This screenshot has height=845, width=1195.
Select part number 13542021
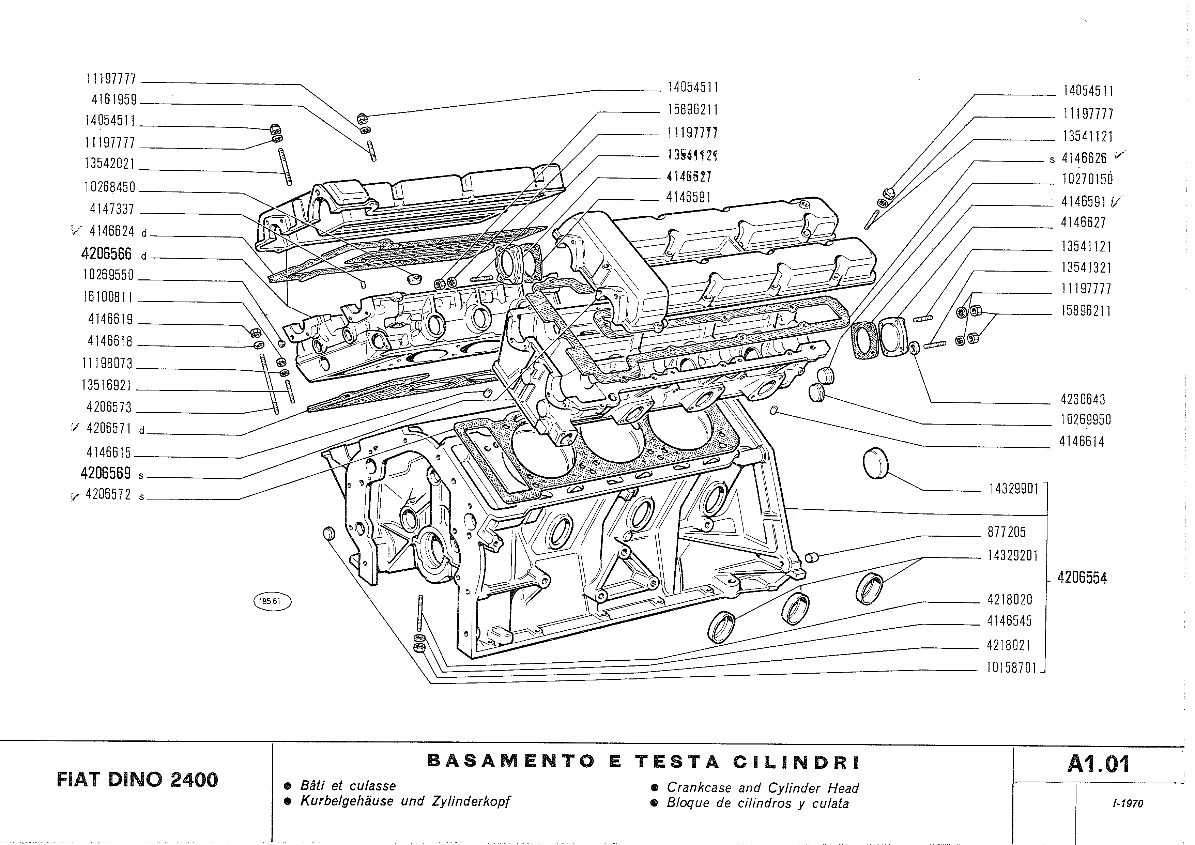click(110, 164)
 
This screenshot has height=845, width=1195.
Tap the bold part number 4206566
click(107, 253)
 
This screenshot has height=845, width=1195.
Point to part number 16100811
click(108, 297)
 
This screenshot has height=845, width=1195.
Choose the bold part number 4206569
click(106, 473)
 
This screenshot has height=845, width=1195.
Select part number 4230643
click(1083, 400)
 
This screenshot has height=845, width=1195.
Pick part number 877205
click(1007, 532)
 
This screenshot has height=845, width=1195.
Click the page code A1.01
click(1098, 764)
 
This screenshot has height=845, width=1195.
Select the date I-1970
click(1128, 803)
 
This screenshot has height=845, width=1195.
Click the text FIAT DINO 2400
click(137, 780)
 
